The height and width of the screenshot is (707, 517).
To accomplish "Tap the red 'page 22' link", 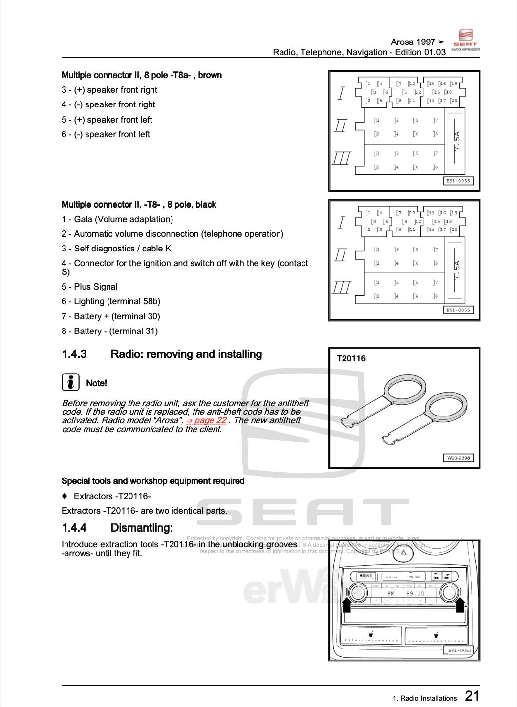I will [x=207, y=420].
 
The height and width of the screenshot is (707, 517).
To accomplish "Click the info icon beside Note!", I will [x=70, y=382].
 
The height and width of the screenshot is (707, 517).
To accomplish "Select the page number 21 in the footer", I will [x=472, y=696].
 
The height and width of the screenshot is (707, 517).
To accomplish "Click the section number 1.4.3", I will [x=74, y=354].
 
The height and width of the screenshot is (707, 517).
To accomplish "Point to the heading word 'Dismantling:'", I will [x=142, y=528].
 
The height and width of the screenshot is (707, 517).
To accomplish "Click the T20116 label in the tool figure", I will [x=351, y=358].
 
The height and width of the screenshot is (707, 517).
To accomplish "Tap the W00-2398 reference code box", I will [x=458, y=458].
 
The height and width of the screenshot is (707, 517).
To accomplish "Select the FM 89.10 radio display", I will [x=405, y=594].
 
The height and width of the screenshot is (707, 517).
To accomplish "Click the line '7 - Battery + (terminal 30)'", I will [x=111, y=316].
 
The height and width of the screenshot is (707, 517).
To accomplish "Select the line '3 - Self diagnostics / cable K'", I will [x=116, y=249].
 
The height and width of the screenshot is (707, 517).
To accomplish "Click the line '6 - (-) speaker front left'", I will [x=106, y=134].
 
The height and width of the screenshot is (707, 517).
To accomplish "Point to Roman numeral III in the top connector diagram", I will [x=342, y=158].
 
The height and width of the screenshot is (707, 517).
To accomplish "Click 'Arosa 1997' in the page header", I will [x=413, y=42].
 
